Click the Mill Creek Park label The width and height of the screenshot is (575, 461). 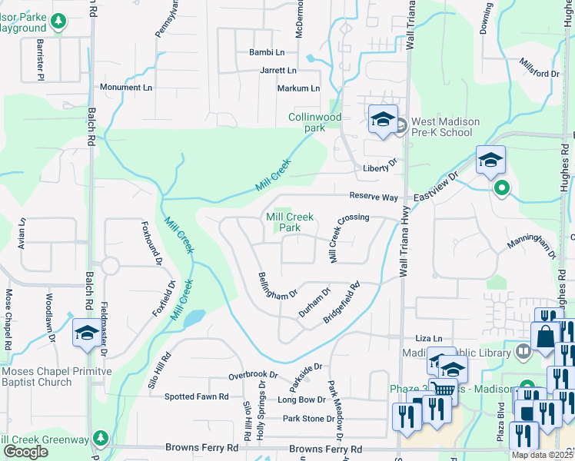[288, 223]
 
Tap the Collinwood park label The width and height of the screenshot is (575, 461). [314, 122]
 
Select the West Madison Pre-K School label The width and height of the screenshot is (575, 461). [445, 127]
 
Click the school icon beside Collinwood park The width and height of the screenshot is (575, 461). [383, 119]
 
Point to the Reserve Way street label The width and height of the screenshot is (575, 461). [374, 197]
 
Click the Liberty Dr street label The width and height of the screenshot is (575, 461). [380, 165]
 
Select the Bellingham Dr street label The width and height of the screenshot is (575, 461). [278, 285]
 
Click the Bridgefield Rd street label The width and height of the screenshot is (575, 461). [341, 304]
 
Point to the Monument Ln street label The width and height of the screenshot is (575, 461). [125, 88]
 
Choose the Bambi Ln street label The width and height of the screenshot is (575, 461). [267, 52]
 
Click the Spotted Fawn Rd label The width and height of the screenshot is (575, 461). [197, 396]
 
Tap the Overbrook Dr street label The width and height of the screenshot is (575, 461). [251, 376]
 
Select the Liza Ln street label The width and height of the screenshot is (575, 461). [429, 338]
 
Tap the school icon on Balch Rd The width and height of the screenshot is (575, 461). [86, 333]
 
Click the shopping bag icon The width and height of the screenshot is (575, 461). [544, 336]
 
